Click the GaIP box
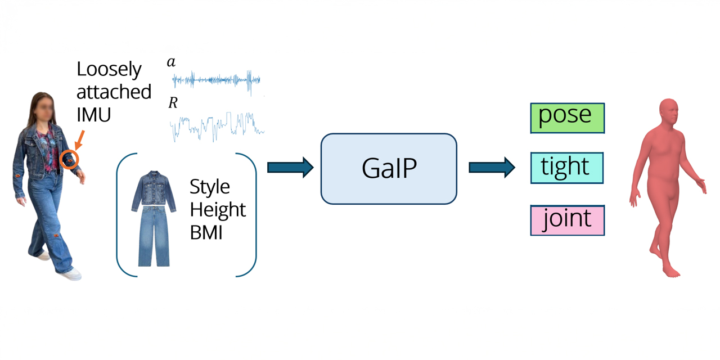click(x=389, y=169)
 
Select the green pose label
click(x=567, y=118)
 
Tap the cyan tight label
click(x=567, y=168)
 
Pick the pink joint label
click(x=567, y=220)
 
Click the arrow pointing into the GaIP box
click(x=290, y=168)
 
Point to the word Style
click(x=210, y=186)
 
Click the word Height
click(x=218, y=209)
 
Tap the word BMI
click(x=206, y=232)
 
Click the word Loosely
click(x=109, y=69)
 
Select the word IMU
click(x=94, y=114)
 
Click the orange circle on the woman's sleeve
click(x=70, y=160)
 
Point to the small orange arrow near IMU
click(x=79, y=139)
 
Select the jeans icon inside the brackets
click(x=154, y=236)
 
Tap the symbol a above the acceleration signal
click(x=171, y=62)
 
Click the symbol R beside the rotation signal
click(x=173, y=103)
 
